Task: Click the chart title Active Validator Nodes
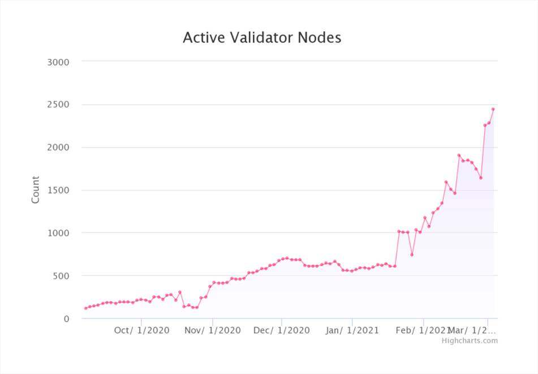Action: tap(262, 38)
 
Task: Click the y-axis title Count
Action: tap(36, 190)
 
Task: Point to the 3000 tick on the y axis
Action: tap(57, 62)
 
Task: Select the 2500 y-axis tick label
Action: tap(57, 105)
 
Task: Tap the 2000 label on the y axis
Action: tap(57, 148)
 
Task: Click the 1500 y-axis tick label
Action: tap(57, 190)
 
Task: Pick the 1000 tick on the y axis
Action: tap(57, 233)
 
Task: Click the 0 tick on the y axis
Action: tap(66, 319)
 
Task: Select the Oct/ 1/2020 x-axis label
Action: tap(141, 330)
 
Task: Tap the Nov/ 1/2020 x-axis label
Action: tap(213, 330)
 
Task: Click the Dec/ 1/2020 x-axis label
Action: tap(282, 330)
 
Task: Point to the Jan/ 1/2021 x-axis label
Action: tap(352, 330)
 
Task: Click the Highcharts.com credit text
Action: tap(470, 341)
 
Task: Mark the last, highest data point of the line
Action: tap(493, 109)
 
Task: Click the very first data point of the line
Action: tap(85, 308)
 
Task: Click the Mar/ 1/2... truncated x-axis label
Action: tap(472, 330)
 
